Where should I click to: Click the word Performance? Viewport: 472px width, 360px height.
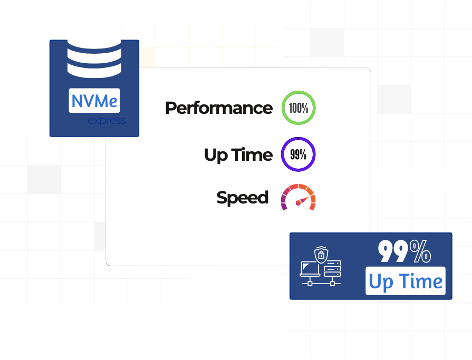(x=218, y=108)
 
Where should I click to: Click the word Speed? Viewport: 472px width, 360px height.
(x=242, y=198)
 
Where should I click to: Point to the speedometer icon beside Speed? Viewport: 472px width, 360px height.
(x=298, y=197)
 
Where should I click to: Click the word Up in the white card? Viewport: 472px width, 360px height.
(x=216, y=155)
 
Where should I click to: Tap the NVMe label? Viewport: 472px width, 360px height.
(x=94, y=100)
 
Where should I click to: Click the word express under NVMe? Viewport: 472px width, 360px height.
(x=107, y=121)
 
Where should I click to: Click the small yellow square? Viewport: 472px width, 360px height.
(x=148, y=57)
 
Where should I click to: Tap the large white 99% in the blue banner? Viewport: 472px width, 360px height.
(x=404, y=252)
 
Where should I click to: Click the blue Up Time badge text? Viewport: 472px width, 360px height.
(x=406, y=281)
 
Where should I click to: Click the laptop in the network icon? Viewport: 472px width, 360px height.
(x=310, y=269)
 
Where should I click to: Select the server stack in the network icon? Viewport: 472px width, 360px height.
(x=332, y=269)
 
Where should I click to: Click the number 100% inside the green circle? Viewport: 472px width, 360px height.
(x=298, y=108)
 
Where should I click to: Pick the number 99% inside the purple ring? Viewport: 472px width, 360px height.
(x=298, y=155)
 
